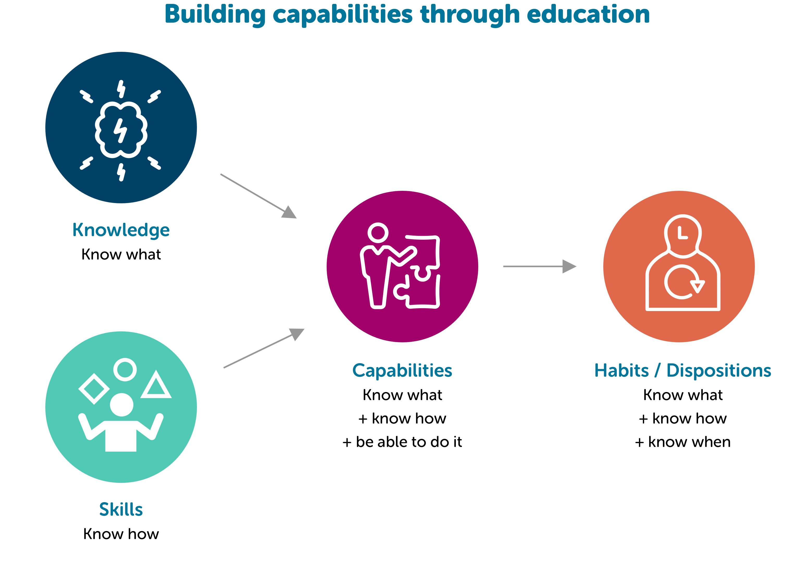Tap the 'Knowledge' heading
(x=121, y=231)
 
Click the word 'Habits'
(x=621, y=371)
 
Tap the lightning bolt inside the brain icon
(x=120, y=130)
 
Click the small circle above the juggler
(x=125, y=370)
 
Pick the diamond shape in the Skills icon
(x=94, y=389)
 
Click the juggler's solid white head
(x=121, y=405)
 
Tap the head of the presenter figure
(x=378, y=233)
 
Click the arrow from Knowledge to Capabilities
(x=259, y=196)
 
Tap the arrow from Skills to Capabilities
(x=264, y=348)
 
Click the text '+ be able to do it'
(x=402, y=442)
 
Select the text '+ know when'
(x=683, y=442)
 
